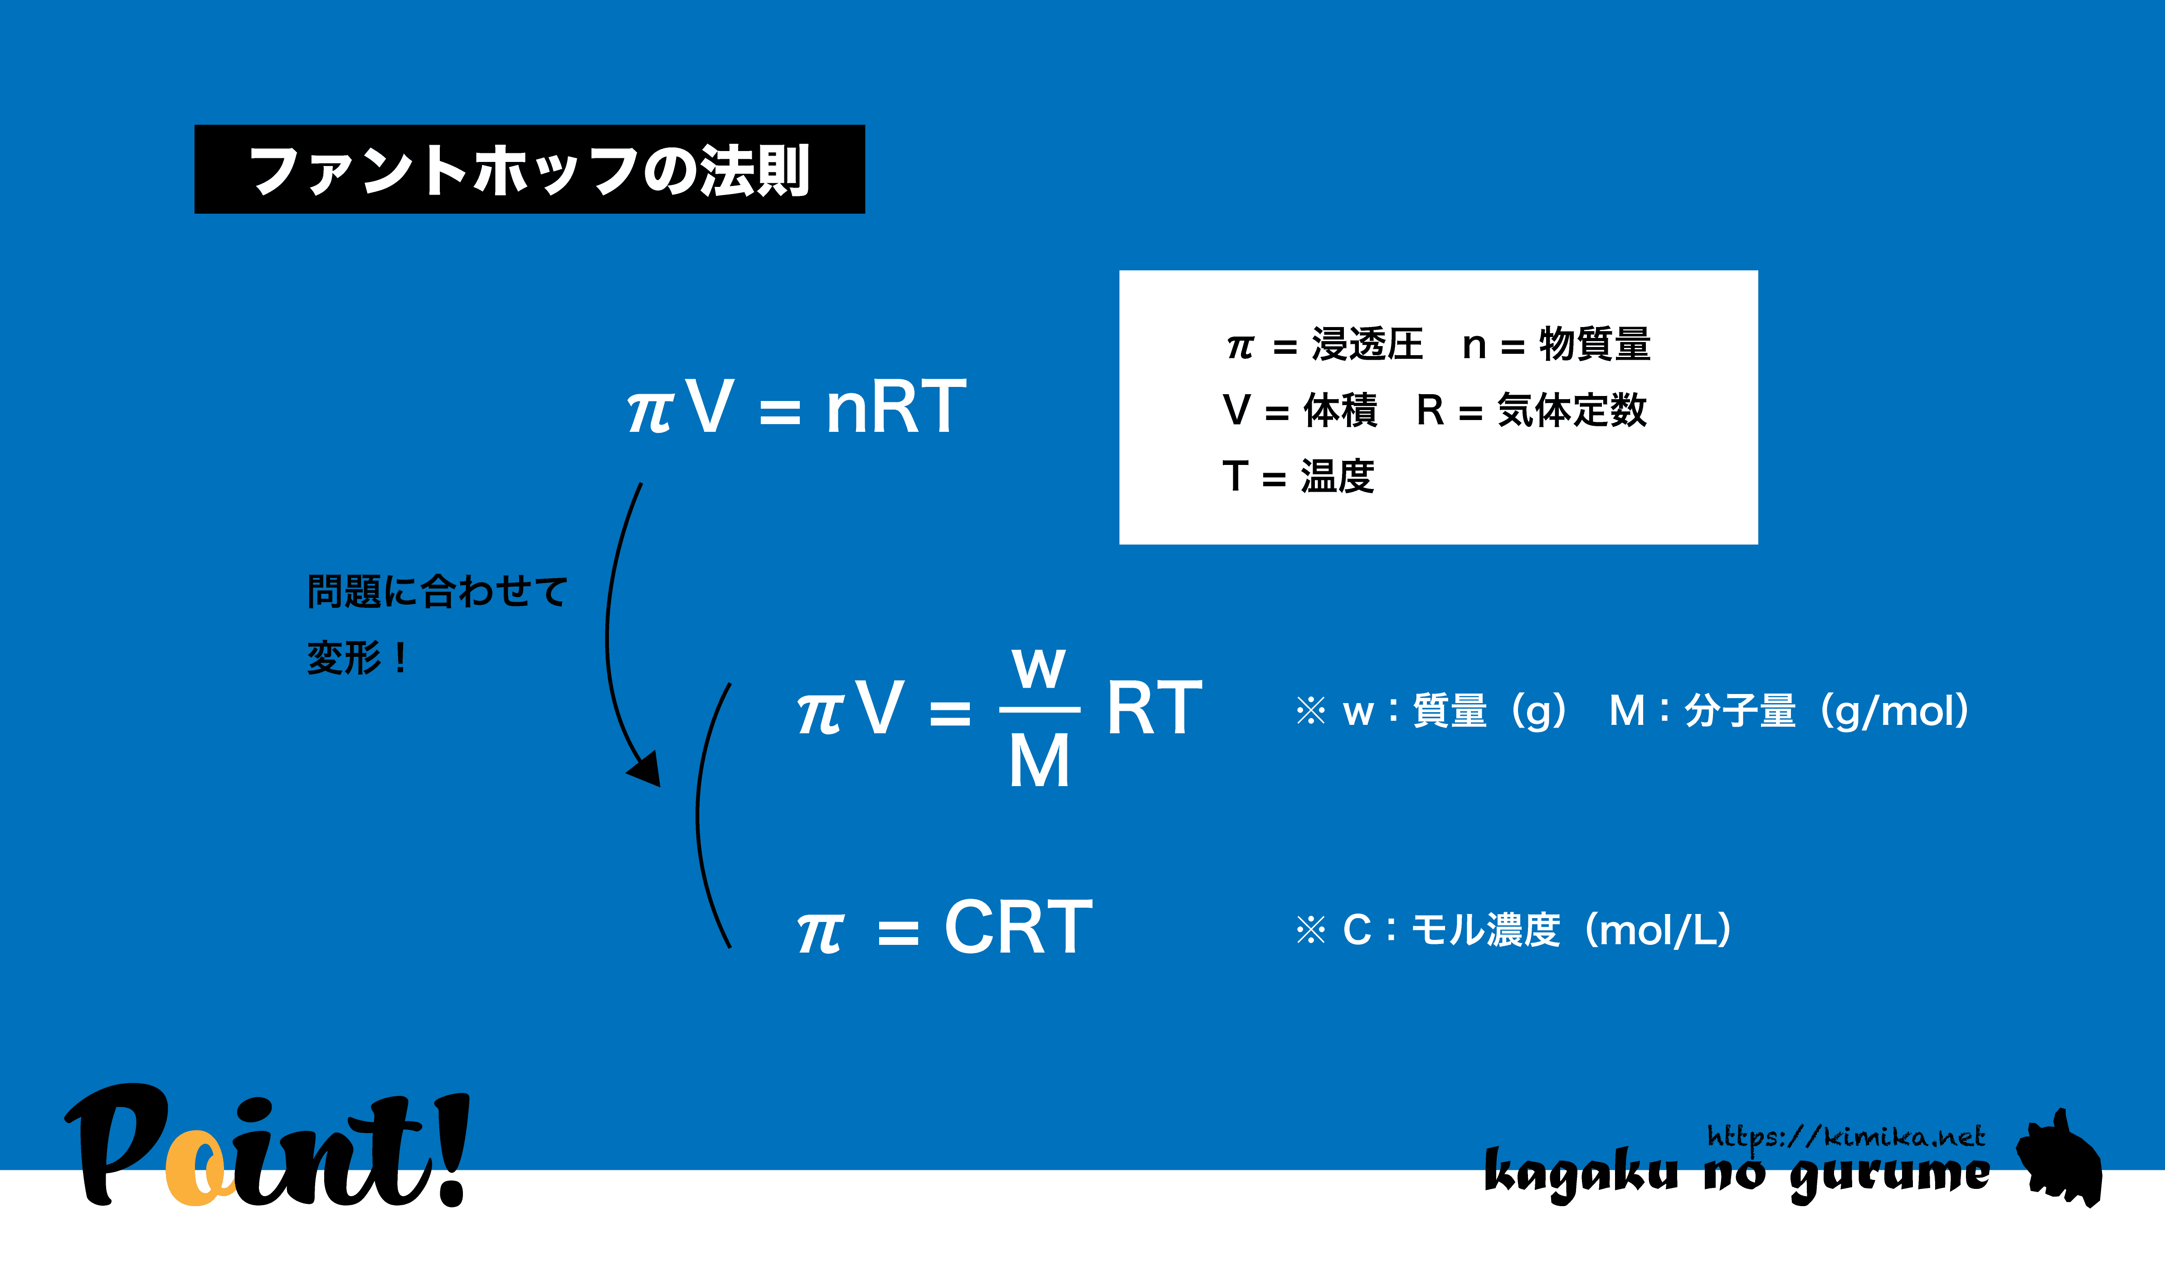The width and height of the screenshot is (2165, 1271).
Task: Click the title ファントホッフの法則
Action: click(529, 170)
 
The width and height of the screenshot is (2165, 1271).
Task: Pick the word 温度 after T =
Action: click(1338, 476)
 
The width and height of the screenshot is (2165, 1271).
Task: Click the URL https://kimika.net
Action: click(1845, 1137)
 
